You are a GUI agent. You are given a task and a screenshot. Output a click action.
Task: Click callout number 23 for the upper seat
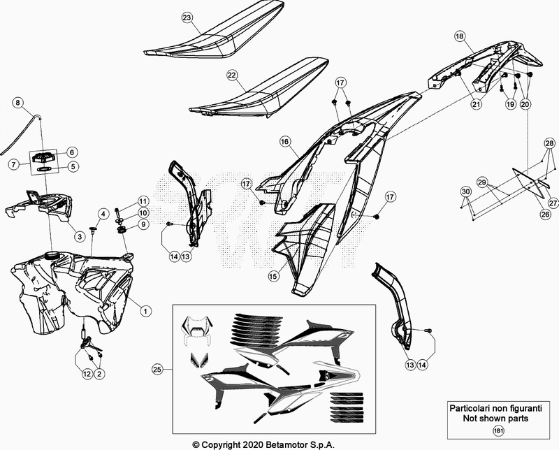(187, 18)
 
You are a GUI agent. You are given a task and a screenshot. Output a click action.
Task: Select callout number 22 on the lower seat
(232, 75)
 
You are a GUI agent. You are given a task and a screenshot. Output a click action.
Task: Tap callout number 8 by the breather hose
(17, 103)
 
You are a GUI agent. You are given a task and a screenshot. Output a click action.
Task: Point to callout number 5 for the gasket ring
(73, 166)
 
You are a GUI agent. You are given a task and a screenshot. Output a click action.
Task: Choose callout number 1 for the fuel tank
(145, 311)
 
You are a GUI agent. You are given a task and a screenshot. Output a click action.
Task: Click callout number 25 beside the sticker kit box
(157, 370)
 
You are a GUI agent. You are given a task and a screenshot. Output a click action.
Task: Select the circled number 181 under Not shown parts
(498, 431)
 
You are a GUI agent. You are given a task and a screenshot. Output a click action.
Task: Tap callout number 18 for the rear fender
(460, 36)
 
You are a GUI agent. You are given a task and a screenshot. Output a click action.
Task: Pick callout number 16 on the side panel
(284, 142)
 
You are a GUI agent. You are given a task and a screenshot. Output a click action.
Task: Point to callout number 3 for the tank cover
(80, 236)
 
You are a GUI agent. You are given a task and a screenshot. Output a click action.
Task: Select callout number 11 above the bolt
(143, 201)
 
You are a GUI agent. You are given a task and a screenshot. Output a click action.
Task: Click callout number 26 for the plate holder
(545, 215)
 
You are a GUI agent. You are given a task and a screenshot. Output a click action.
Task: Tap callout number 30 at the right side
(465, 191)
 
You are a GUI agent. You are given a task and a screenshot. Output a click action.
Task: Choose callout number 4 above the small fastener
(103, 215)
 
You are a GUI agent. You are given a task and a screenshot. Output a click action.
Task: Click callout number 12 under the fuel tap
(87, 374)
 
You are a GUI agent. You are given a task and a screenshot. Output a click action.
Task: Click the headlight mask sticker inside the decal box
(197, 331)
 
